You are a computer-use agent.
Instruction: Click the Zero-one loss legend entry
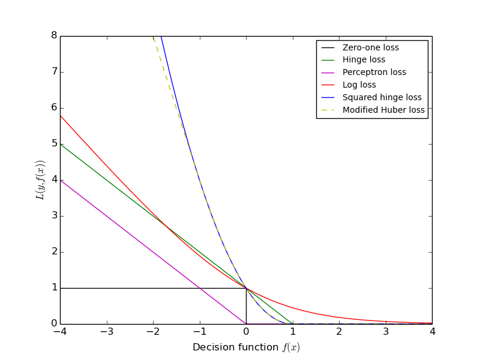(x=370, y=47)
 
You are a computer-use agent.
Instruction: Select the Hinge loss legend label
(x=364, y=60)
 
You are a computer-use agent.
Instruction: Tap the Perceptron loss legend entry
(x=374, y=73)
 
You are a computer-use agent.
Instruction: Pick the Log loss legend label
(x=359, y=85)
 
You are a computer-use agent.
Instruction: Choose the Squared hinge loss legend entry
(x=382, y=97)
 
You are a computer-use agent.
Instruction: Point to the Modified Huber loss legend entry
(x=383, y=110)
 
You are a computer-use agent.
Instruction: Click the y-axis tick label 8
(x=54, y=36)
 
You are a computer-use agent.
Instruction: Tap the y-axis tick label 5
(x=54, y=144)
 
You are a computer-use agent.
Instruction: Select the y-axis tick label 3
(x=54, y=216)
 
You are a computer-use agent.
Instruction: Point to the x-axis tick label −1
(x=199, y=332)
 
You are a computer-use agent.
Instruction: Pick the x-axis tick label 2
(x=339, y=332)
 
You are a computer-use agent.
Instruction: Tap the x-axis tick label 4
(x=432, y=332)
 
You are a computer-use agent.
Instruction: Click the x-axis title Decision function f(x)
(x=246, y=347)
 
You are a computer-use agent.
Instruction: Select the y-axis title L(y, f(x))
(x=40, y=180)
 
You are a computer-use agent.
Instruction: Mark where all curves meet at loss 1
(x=246, y=288)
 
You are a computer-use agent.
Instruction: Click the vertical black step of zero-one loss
(x=246, y=306)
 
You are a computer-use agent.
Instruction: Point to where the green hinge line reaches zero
(x=293, y=324)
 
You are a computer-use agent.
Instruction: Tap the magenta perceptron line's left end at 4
(x=61, y=180)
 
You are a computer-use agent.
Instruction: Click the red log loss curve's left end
(x=61, y=115)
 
